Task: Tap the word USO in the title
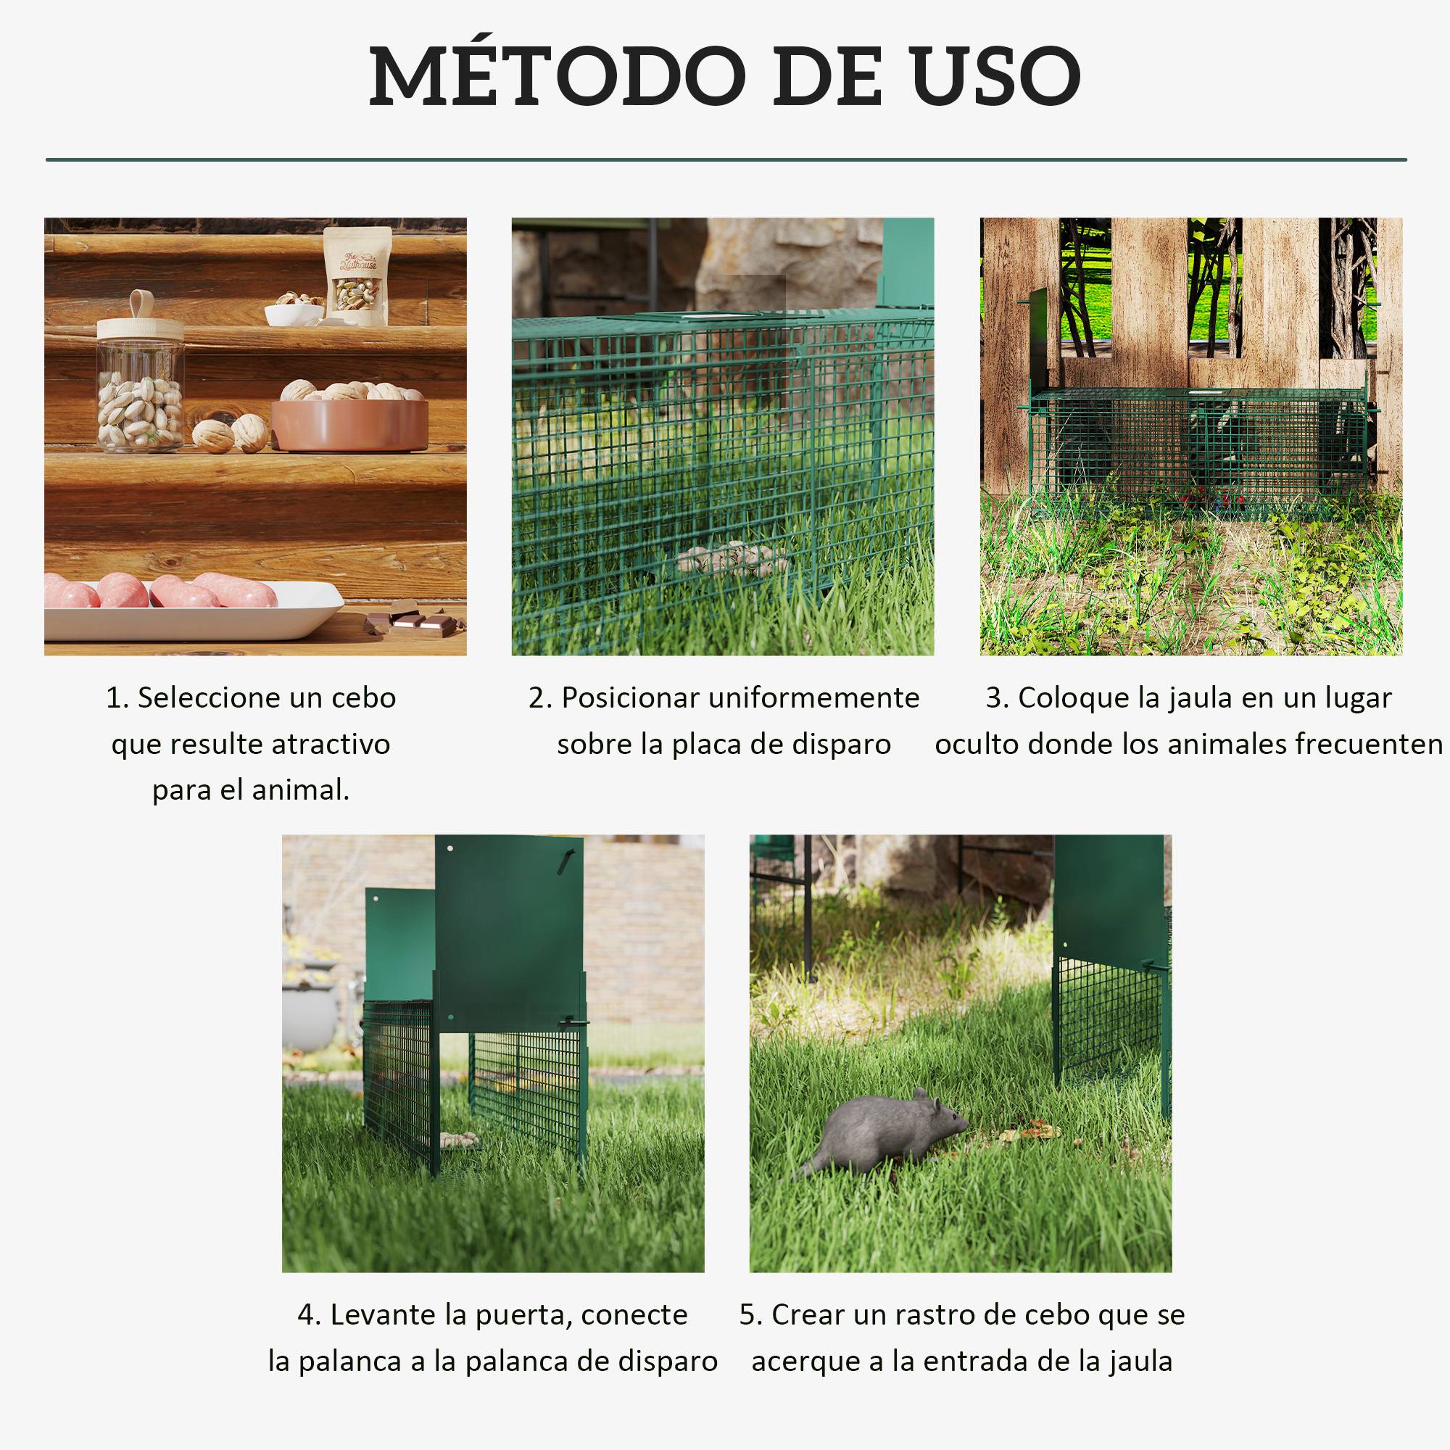click(x=995, y=75)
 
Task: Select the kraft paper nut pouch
click(x=358, y=276)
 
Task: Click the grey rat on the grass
click(x=884, y=1133)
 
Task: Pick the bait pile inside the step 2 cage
click(x=732, y=559)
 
